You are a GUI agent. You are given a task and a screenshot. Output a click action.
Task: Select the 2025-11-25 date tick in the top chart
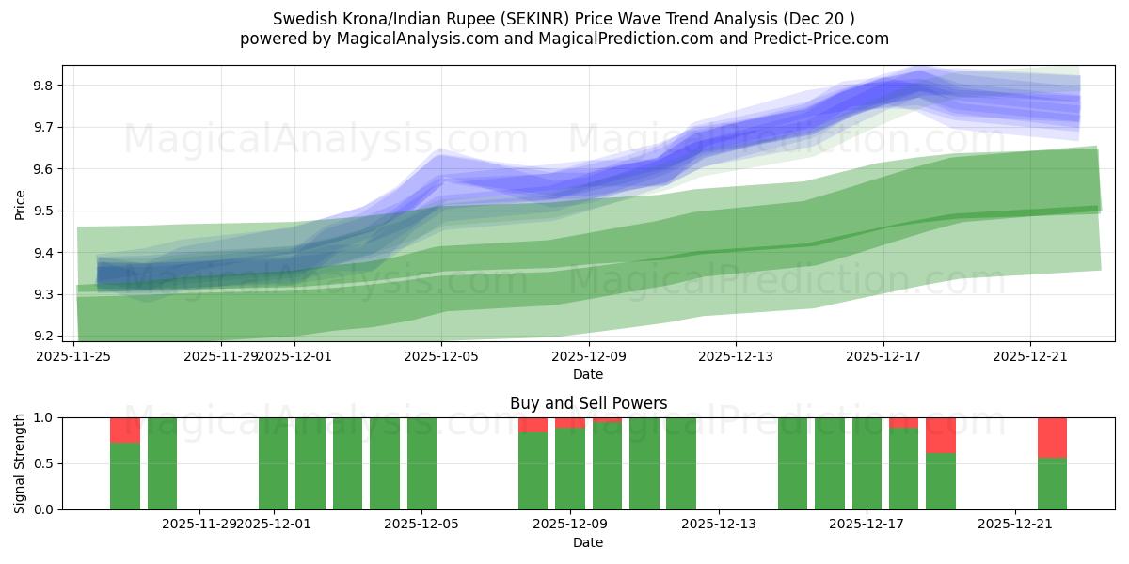[x=74, y=356]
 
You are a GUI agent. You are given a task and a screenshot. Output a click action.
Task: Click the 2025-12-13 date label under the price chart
[x=736, y=356]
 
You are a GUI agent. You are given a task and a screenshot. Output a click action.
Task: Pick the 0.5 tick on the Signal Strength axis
[x=43, y=463]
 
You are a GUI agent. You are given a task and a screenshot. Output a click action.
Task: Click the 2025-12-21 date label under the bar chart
[x=1015, y=525]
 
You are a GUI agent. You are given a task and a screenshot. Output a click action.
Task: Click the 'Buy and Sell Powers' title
[x=588, y=403]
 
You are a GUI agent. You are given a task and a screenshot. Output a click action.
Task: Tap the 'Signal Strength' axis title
[x=20, y=463]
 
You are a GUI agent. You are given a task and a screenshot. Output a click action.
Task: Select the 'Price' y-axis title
[x=20, y=204]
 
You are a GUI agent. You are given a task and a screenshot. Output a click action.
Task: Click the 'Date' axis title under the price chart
[x=588, y=374]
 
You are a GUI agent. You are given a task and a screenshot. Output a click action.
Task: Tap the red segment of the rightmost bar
[x=1052, y=437]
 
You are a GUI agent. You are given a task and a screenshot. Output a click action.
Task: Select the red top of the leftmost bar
[x=125, y=430]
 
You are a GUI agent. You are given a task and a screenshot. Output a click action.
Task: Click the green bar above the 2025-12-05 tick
[x=421, y=463]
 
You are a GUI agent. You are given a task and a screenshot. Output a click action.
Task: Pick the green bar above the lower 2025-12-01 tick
[x=273, y=463]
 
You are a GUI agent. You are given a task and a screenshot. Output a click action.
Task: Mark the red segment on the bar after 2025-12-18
[x=941, y=435]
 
